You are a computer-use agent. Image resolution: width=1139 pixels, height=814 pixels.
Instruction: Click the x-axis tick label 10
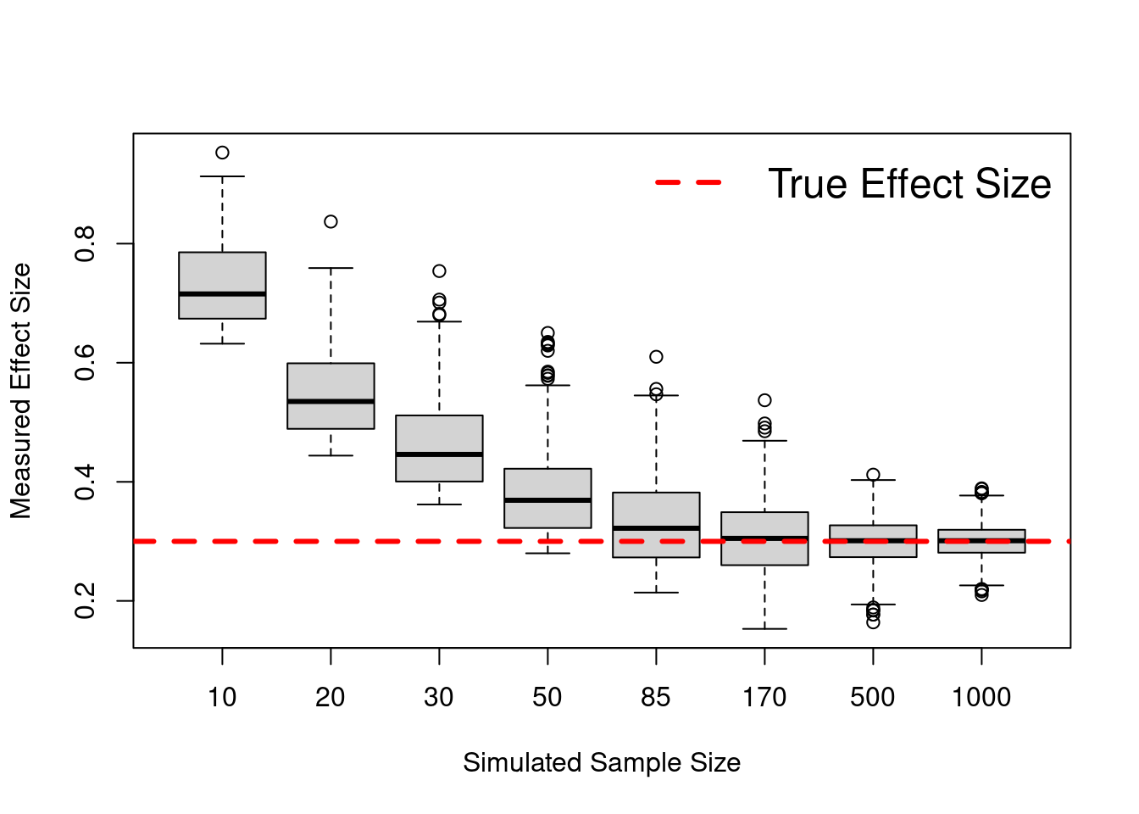pos(222,697)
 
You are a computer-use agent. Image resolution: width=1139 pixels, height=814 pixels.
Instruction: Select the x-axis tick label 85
pos(655,697)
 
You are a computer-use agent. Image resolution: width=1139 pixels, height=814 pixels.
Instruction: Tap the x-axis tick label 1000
pos(981,697)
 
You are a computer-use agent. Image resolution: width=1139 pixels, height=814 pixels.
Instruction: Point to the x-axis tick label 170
pos(764,697)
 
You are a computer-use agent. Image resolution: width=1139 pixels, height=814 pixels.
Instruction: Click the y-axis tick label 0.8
pos(85,244)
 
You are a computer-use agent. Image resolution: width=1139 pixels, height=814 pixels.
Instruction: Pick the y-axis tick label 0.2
pos(85,601)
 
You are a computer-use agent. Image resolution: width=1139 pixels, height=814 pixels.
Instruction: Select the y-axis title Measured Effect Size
pos(20,390)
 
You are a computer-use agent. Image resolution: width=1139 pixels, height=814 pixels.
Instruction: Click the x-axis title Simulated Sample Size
pos(602,762)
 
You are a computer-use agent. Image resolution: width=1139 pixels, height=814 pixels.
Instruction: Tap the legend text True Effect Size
pos(908,184)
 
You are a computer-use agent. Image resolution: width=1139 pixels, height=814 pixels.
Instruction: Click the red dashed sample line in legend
pos(688,182)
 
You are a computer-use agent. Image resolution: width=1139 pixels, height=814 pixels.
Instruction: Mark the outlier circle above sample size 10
pos(222,153)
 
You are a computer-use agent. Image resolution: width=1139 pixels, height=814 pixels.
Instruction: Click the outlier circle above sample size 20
pos(331,221)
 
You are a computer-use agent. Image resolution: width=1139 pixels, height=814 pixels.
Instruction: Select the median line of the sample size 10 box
pos(222,293)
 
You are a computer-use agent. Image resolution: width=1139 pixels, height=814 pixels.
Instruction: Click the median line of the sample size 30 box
pos(439,454)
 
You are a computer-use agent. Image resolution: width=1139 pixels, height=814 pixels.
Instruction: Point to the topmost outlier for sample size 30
pos(439,271)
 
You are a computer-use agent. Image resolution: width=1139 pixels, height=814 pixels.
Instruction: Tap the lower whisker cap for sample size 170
pos(764,629)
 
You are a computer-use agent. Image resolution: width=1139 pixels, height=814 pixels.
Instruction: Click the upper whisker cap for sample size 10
pos(222,176)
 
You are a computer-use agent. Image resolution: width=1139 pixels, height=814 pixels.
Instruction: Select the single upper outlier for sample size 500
pos(873,475)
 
